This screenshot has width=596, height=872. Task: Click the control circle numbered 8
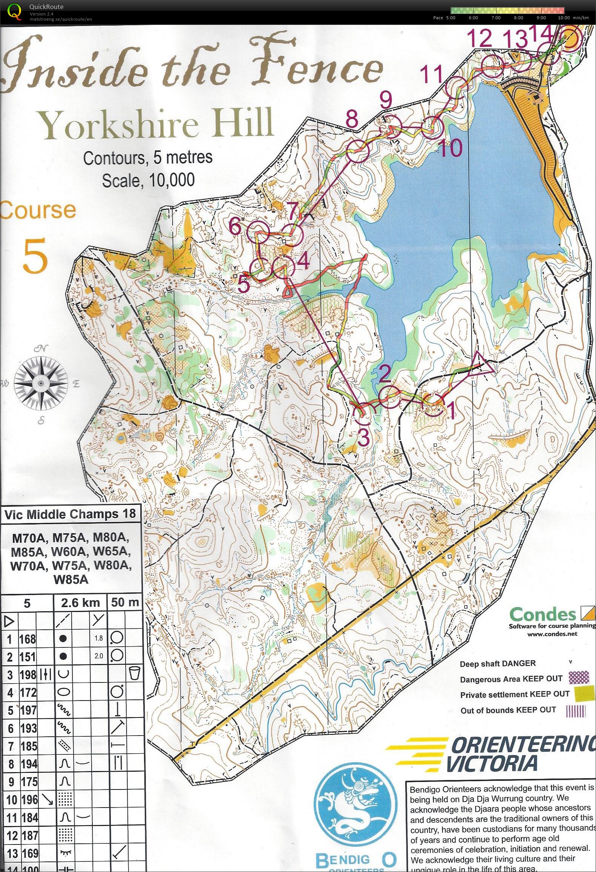(x=357, y=151)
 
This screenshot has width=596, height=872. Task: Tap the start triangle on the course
(x=480, y=365)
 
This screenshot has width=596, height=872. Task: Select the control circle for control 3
(x=364, y=413)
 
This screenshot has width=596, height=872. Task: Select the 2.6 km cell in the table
(x=80, y=603)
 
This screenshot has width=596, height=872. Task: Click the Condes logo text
(x=543, y=615)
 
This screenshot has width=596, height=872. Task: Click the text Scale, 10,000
(x=149, y=181)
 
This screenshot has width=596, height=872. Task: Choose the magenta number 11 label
(x=432, y=74)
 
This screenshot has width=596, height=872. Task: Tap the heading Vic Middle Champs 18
(x=70, y=515)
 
